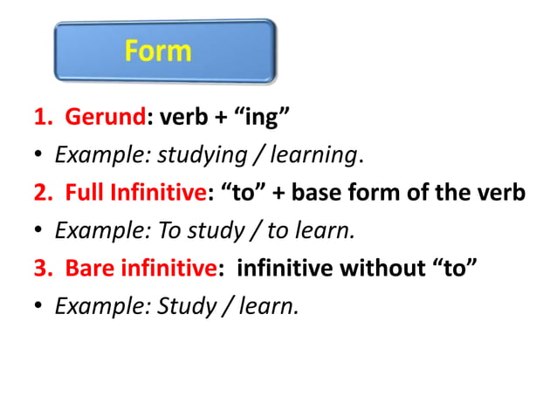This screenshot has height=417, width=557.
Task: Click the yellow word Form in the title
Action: [x=158, y=51]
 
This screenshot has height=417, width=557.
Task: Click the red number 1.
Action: [x=40, y=119]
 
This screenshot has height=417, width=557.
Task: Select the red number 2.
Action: [x=40, y=193]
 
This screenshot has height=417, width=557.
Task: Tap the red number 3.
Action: [x=40, y=268]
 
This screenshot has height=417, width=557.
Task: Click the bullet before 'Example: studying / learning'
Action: [x=39, y=157]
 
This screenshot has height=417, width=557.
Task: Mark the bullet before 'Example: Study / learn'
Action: [x=39, y=306]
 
